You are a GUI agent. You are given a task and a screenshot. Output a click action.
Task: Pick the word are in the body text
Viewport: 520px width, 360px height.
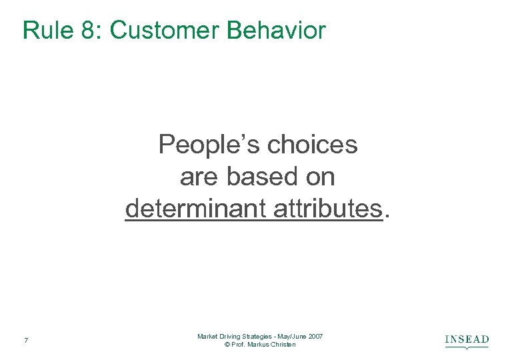(x=199, y=177)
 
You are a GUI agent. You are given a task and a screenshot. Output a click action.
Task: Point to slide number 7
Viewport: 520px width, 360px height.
(x=25, y=341)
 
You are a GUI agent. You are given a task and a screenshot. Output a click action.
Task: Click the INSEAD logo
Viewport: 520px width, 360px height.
(x=467, y=341)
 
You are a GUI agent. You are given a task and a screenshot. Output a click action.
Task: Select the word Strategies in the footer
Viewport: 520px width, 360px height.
(x=256, y=337)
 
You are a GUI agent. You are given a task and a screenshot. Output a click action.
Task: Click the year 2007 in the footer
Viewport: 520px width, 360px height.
(x=315, y=337)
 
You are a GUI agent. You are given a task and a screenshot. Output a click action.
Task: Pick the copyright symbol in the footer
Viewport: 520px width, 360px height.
(x=228, y=345)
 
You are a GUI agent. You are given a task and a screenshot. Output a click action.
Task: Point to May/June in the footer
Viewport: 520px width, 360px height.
(x=291, y=337)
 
